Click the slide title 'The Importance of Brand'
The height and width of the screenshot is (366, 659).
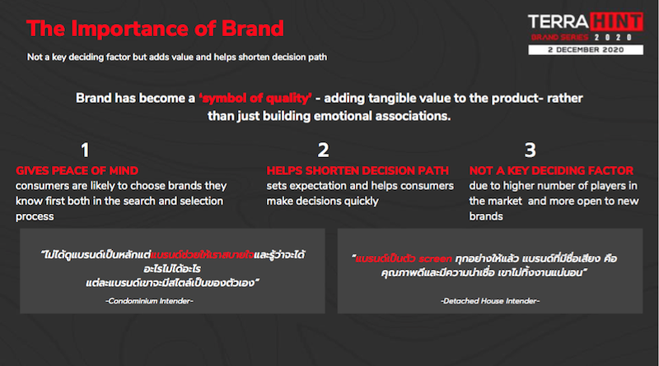coord(155,29)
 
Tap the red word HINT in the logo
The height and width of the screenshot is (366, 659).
coord(616,22)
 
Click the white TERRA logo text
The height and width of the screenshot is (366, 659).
coord(559,22)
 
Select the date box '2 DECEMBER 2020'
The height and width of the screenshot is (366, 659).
coord(586,49)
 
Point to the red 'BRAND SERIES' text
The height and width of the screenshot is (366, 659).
coord(559,37)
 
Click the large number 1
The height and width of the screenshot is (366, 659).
coord(85,150)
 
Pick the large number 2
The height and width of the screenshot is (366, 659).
coord(323,150)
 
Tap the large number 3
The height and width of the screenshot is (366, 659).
coord(530,150)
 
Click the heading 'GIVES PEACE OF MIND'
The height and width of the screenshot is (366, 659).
coord(77,171)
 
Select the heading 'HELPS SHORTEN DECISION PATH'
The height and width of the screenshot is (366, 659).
coord(358,171)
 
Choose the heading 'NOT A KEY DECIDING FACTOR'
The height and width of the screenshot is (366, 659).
coord(551,171)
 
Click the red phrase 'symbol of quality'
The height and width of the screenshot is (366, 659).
coord(255,98)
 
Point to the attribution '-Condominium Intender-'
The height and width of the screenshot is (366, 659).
coord(149,301)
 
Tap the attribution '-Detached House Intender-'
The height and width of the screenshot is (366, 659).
coord(490,301)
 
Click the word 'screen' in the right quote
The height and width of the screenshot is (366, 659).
coord(436,258)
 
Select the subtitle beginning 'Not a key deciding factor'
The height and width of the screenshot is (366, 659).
coord(177,57)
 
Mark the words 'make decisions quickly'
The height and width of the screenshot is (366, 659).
coord(322,202)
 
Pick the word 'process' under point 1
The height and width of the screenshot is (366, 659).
coord(35,217)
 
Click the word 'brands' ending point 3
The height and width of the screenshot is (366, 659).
coord(486,216)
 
